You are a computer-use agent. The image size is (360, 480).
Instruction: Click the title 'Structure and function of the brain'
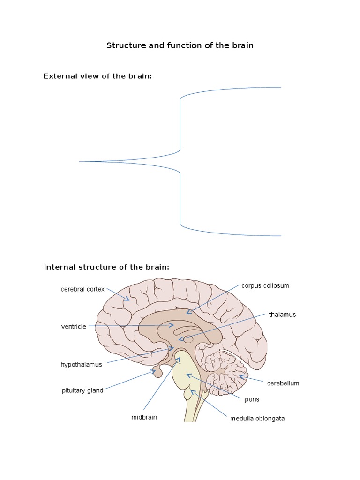click(180, 45)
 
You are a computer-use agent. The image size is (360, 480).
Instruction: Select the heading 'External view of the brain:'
click(97, 76)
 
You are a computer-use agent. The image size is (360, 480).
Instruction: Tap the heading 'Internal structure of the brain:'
click(106, 267)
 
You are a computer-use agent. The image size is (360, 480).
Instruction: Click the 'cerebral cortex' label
click(82, 289)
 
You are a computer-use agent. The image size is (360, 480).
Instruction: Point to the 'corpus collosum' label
click(265, 285)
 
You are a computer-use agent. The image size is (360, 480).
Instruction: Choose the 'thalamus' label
click(282, 315)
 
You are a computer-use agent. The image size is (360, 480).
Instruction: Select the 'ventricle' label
click(74, 327)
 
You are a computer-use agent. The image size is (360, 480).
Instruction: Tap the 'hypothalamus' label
click(81, 364)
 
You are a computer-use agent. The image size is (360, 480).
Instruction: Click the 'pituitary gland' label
click(82, 390)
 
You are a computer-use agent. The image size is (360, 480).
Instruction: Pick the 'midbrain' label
click(144, 417)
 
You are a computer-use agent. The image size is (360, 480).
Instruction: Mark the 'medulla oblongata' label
click(257, 419)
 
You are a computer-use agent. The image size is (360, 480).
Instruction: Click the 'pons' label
click(252, 400)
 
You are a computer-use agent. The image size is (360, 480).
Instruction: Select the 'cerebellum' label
click(283, 383)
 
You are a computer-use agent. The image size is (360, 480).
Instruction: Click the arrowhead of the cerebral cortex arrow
click(128, 299)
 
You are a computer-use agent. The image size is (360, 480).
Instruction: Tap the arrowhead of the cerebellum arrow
click(241, 376)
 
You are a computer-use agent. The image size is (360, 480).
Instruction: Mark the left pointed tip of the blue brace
click(80, 162)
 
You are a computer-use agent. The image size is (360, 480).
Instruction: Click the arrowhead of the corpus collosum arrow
click(188, 312)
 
